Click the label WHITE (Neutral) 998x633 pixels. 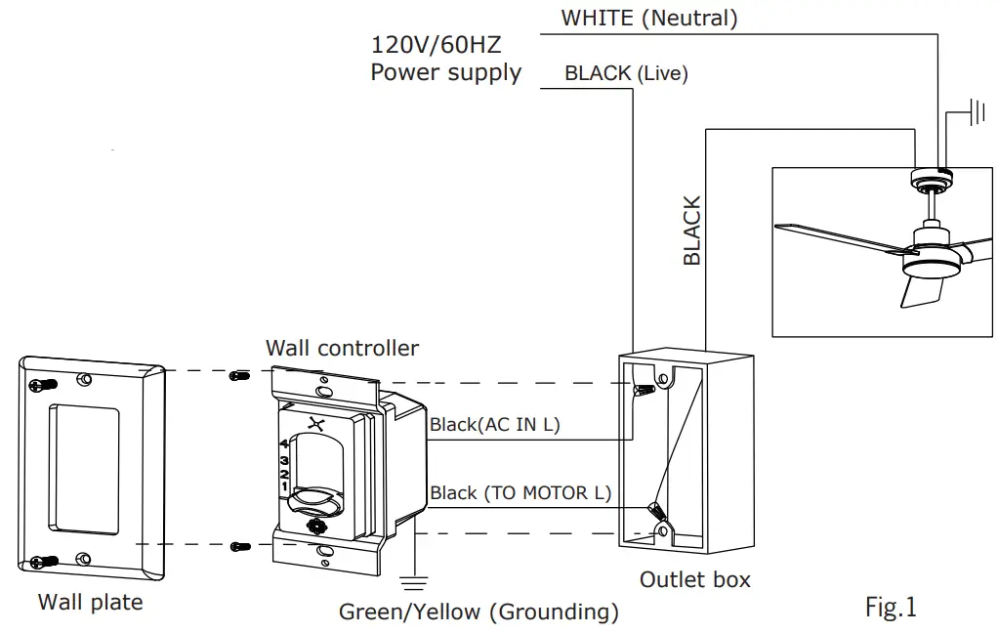[x=648, y=18]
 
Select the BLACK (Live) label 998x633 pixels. [x=626, y=73]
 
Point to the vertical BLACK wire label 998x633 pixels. [x=692, y=231]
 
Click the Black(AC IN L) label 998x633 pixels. [x=495, y=425]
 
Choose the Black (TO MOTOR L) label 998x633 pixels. [x=520, y=493]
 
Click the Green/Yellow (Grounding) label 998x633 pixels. [x=478, y=612]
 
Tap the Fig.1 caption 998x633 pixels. [x=891, y=608]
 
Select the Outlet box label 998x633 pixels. [x=694, y=580]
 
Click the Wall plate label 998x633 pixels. [x=90, y=603]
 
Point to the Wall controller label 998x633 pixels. [x=342, y=349]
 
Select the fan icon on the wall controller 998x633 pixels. [x=314, y=423]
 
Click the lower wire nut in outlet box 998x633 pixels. [x=656, y=510]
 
